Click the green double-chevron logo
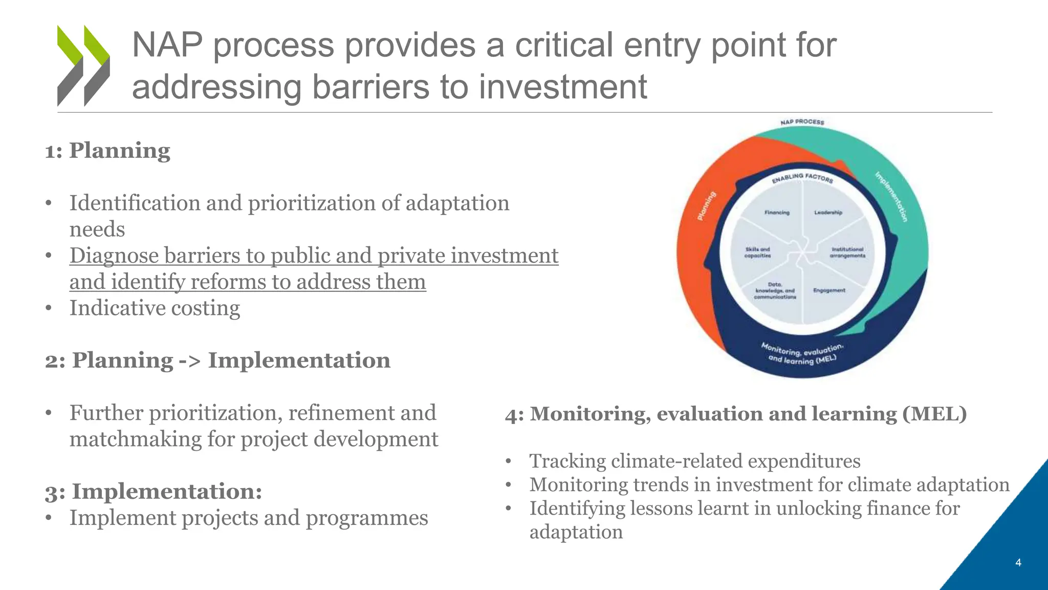(83, 66)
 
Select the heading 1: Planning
(107, 151)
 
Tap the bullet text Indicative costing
(155, 308)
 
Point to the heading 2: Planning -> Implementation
(217, 361)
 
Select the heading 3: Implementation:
(154, 491)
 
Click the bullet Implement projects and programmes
(249, 518)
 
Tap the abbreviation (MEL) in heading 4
(934, 414)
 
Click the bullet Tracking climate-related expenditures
(694, 461)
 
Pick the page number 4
(1018, 563)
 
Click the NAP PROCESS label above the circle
(802, 122)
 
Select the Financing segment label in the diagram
(777, 213)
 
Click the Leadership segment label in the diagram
(828, 213)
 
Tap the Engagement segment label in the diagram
(829, 290)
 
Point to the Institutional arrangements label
(847, 252)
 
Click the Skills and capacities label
(757, 252)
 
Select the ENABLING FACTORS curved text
(802, 178)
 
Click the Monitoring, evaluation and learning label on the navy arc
(802, 354)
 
